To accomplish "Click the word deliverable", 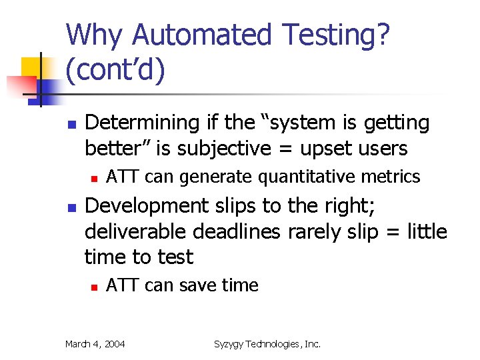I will pos(136,231).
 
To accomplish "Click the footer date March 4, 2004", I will pos(95,344).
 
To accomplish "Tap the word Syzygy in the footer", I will pos(230,344).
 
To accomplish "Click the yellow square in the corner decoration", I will pos(31,67).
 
